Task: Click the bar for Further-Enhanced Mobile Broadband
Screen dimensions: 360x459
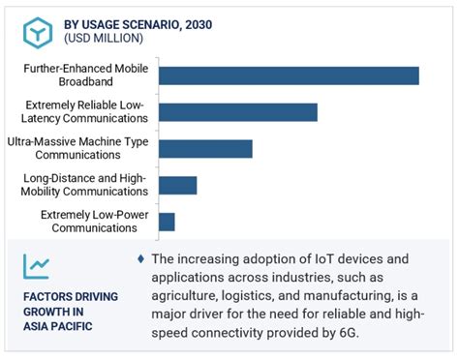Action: (x=288, y=75)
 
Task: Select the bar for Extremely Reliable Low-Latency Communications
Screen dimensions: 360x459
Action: (x=237, y=111)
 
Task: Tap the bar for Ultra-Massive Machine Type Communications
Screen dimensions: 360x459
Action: (x=204, y=148)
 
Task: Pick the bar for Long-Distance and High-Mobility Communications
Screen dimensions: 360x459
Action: (x=177, y=185)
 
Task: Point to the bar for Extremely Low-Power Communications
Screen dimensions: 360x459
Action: (x=167, y=222)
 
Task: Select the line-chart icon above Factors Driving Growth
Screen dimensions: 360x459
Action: (x=38, y=265)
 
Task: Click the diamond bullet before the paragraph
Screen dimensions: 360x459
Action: (x=141, y=259)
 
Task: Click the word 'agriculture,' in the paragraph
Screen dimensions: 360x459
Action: (x=192, y=296)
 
